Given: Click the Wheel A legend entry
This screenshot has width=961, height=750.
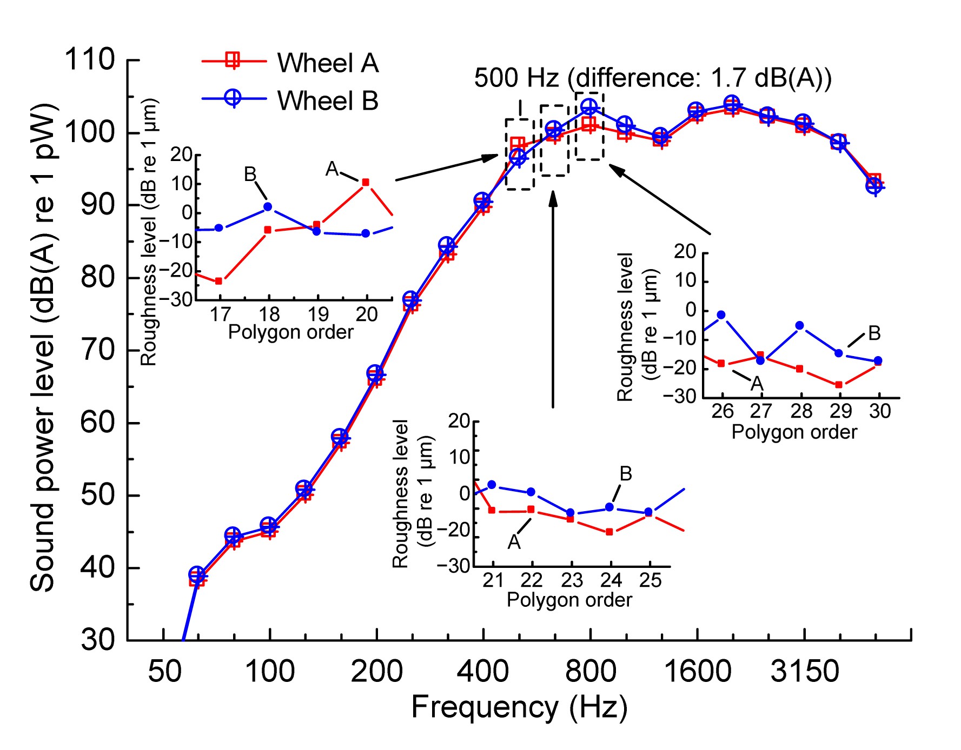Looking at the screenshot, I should [x=327, y=63].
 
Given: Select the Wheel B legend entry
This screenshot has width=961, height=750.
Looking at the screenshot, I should [x=327, y=101].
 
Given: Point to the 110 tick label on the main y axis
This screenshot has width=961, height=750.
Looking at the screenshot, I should [x=90, y=59].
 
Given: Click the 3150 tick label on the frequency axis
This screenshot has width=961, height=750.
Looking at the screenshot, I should [x=804, y=672].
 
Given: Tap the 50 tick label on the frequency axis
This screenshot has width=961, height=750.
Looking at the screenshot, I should [x=164, y=672].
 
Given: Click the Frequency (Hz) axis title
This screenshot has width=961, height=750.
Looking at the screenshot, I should [x=519, y=707].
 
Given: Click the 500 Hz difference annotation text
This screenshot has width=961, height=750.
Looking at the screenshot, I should [x=652, y=78].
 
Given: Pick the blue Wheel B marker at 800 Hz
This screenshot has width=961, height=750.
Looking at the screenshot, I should [x=589, y=107].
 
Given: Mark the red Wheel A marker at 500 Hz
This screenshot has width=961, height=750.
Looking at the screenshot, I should [x=518, y=144].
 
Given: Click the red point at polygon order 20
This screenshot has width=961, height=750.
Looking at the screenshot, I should [x=366, y=183].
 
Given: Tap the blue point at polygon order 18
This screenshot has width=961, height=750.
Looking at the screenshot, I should [x=268, y=207].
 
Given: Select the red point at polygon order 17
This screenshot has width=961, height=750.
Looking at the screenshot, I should [x=218, y=281].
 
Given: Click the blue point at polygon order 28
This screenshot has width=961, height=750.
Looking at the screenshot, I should [x=800, y=325].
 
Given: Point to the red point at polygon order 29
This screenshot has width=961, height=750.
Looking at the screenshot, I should [x=839, y=385].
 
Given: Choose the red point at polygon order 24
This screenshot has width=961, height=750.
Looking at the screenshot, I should [x=609, y=532].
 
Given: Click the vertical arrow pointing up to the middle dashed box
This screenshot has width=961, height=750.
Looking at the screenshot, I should [x=553, y=297].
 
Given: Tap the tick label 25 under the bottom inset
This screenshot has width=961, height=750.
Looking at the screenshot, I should [x=650, y=580].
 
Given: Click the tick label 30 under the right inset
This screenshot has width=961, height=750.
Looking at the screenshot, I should [x=879, y=412].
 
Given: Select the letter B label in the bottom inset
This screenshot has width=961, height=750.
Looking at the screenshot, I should [x=626, y=474].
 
